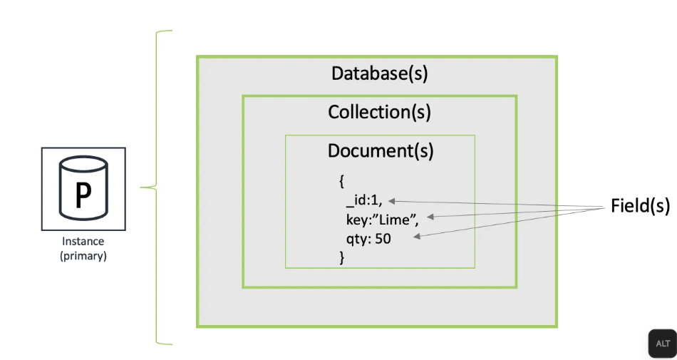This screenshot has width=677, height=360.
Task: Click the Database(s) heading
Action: coord(379,73)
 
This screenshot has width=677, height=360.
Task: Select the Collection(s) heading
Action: coord(379,112)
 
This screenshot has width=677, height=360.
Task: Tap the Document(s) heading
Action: coord(380,151)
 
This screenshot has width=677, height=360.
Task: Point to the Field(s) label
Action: coord(640,206)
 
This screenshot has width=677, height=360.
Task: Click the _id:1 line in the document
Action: coord(363,202)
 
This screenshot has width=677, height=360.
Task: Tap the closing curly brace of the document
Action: coord(342,257)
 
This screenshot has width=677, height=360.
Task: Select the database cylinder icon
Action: coord(83,189)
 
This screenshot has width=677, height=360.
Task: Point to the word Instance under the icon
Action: coord(83,242)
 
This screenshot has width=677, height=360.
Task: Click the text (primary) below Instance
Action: coord(83,256)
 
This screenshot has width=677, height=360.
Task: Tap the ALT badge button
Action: coord(662,344)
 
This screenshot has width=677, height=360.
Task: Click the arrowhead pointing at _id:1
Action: coord(392,202)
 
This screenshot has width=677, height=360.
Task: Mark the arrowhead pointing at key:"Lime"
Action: coord(430,215)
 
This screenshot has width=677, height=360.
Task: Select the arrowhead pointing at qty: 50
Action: coord(416,238)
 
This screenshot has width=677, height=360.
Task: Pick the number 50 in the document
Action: coord(383,239)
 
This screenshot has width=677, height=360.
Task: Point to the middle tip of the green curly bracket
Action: coord(142,188)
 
